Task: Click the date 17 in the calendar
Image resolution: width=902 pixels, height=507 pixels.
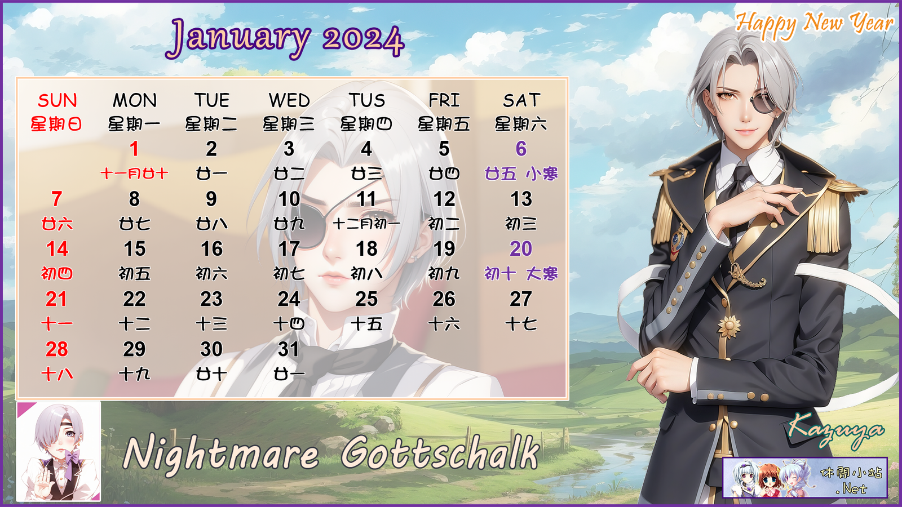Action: tap(289, 248)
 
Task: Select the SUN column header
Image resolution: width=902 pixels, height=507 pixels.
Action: tap(57, 100)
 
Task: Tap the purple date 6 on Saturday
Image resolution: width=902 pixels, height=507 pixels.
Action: tap(521, 149)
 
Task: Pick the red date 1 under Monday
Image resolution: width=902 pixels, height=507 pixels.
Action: tap(134, 149)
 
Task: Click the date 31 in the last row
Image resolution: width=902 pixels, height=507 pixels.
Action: tap(288, 349)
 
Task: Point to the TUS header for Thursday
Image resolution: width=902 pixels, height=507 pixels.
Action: tap(366, 100)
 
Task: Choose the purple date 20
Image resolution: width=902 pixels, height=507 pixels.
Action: tap(521, 248)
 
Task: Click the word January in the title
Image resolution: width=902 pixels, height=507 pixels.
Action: tap(240, 39)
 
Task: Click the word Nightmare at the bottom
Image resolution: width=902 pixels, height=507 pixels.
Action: tap(220, 453)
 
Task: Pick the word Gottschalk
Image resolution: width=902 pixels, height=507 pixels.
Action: tap(440, 452)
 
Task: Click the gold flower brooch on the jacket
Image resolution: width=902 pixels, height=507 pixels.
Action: tap(729, 327)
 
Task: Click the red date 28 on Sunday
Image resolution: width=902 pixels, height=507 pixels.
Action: tap(57, 349)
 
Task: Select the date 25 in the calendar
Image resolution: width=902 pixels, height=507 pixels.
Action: tap(366, 299)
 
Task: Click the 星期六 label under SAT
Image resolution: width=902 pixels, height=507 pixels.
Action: tap(521, 124)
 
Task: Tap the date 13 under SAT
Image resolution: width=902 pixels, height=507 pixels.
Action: tap(521, 199)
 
